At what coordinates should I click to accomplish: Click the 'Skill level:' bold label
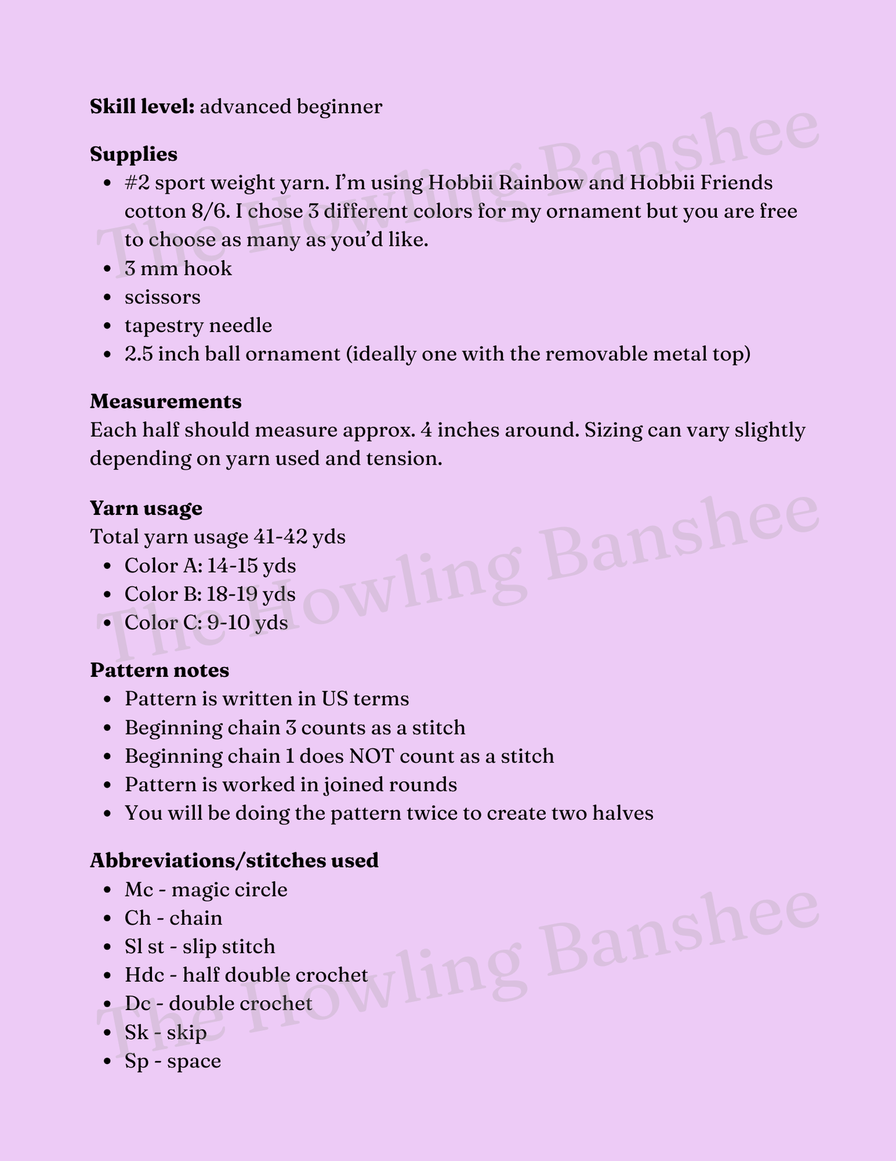tap(143, 107)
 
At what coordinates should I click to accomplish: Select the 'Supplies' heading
tap(133, 154)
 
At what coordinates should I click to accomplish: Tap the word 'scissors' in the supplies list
tap(162, 297)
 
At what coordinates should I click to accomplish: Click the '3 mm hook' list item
tap(178, 269)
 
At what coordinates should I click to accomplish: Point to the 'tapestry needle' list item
tap(198, 326)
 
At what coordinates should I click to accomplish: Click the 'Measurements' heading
tap(166, 401)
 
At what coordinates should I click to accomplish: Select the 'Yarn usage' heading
tap(146, 508)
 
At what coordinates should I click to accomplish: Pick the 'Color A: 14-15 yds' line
tap(210, 566)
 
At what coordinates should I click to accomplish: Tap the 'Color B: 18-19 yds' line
tap(210, 594)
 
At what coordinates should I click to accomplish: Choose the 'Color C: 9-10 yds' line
tap(206, 623)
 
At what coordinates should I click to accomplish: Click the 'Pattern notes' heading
tap(159, 670)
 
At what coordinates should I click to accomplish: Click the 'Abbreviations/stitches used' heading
tap(234, 861)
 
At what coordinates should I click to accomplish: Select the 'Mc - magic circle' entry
tap(206, 890)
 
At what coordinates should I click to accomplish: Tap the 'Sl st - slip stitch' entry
tap(200, 947)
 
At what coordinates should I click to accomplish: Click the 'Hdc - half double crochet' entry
tap(246, 975)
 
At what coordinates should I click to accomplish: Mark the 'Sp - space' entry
tap(172, 1061)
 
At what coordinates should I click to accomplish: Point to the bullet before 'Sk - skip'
tap(109, 1033)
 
